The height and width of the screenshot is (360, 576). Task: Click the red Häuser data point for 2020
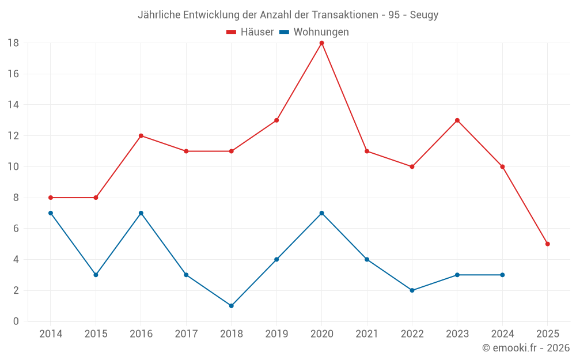click(x=321, y=43)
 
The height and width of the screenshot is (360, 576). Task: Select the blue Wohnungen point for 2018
click(x=231, y=306)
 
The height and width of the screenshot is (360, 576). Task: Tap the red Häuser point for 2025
click(x=547, y=244)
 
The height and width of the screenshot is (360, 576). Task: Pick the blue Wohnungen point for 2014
click(x=51, y=213)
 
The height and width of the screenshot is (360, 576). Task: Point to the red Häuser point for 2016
click(x=141, y=136)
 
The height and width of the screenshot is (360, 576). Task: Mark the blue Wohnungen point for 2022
click(x=412, y=290)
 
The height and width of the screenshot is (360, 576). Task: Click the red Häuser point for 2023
click(x=457, y=120)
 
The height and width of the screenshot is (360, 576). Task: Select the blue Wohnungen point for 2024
click(x=502, y=275)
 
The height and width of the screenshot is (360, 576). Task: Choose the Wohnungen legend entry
click(x=321, y=32)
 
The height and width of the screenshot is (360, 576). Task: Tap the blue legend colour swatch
click(x=284, y=32)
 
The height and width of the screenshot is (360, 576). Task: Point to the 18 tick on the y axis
click(x=13, y=43)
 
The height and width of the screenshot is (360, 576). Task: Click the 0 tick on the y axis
click(x=16, y=321)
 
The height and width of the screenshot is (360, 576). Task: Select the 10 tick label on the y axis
click(x=13, y=167)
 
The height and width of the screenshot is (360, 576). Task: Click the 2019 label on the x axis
click(x=276, y=334)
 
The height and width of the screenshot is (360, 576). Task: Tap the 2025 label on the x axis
click(x=547, y=334)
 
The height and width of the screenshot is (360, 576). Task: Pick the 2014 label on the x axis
click(x=51, y=334)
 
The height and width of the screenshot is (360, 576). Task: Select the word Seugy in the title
click(x=424, y=15)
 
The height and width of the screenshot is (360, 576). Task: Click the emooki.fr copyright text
click(x=526, y=348)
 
